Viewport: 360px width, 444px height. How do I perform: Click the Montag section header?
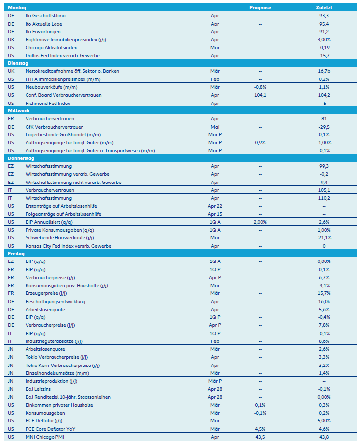click(x=17, y=8)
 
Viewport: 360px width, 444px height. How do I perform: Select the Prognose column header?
click(x=260, y=8)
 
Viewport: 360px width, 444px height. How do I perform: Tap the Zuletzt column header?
click(x=324, y=8)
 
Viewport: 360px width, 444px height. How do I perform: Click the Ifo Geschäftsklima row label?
click(x=46, y=16)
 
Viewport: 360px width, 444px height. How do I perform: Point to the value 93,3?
click(x=324, y=16)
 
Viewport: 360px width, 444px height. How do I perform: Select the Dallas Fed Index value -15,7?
click(x=324, y=55)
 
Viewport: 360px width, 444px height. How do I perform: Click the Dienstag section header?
click(x=19, y=63)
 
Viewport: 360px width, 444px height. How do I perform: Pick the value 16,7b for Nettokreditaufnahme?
click(x=324, y=71)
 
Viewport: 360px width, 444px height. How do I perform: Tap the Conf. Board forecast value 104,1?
click(x=260, y=95)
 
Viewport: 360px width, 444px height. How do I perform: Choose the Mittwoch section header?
click(x=19, y=111)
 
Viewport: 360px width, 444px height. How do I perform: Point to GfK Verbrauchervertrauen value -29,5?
click(x=324, y=127)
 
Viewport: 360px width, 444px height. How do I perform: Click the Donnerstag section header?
click(x=22, y=158)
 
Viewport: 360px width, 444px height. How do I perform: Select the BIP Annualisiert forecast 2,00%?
click(x=260, y=222)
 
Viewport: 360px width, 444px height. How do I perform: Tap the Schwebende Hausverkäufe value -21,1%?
click(x=324, y=238)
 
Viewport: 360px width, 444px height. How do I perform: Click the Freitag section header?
click(x=17, y=254)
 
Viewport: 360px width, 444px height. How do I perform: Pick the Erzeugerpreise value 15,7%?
click(x=324, y=293)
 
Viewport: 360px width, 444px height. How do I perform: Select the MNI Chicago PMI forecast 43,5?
click(x=260, y=436)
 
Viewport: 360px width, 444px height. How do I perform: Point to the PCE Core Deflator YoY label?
click(x=51, y=428)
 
